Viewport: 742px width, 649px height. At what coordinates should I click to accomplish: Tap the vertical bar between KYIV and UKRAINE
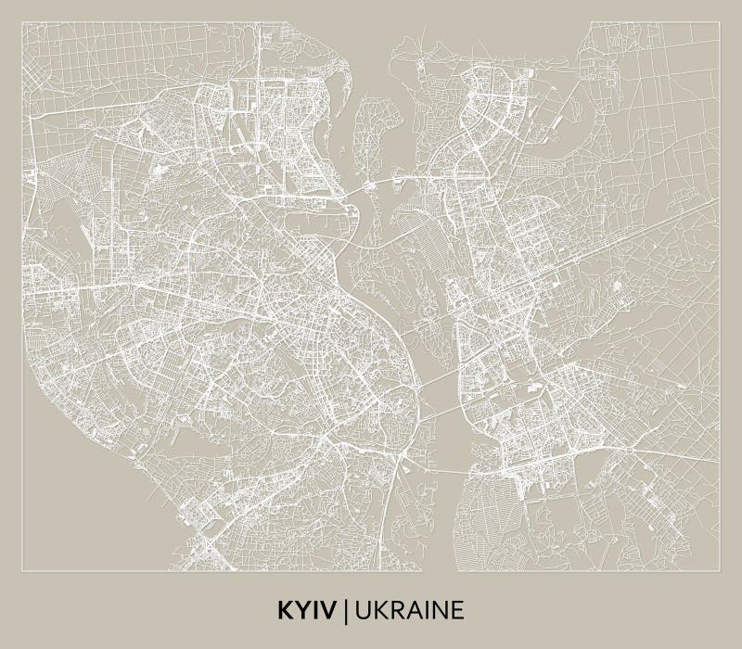(346, 610)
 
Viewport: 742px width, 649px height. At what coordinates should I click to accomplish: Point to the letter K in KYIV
(284, 610)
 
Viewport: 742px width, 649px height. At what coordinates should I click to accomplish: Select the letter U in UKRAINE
(361, 610)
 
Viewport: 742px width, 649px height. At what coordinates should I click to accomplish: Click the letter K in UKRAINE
(377, 610)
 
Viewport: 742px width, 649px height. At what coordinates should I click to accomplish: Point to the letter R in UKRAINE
(391, 610)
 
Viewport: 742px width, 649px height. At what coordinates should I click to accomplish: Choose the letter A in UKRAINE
(407, 610)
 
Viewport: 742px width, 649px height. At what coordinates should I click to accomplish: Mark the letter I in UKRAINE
(419, 610)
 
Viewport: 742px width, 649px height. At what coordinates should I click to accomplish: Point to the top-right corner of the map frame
(719, 23)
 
